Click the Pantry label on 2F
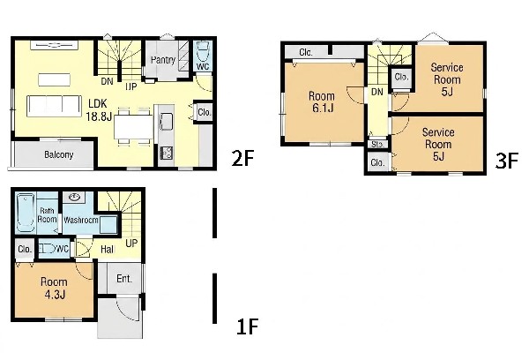pos(163,60)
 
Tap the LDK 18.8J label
pos(98,109)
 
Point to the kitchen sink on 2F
pos(166,121)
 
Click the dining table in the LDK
pos(133,127)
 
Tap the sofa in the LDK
pos(54,106)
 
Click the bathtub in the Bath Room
pos(26,213)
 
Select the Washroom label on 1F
pos(81,221)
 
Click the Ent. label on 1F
pos(124,279)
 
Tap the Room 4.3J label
pos(54,288)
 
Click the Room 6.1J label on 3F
pos(322,102)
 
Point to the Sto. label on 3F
pos(377,144)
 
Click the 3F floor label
pos(506,161)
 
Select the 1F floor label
pos(247,326)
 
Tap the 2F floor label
pos(242,158)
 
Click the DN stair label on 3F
pos(377,92)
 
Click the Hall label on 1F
pos(108,250)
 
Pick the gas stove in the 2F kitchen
pos(166,153)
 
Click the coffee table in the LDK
pos(54,79)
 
